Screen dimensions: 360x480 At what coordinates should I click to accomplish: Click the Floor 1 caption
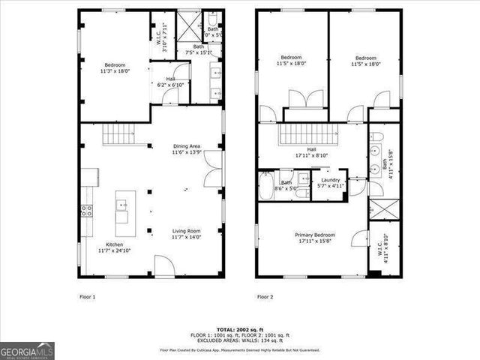pyautogui.click(x=88, y=297)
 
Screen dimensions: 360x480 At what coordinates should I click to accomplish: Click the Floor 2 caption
pyautogui.click(x=264, y=297)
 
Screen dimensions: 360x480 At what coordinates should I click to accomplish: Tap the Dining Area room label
pyautogui.click(x=187, y=149)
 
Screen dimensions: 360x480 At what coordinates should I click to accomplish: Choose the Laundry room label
pyautogui.click(x=331, y=183)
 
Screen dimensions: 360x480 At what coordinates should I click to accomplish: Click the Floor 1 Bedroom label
pyautogui.click(x=115, y=68)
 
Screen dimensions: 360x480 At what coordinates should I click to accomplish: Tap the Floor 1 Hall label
pyautogui.click(x=172, y=82)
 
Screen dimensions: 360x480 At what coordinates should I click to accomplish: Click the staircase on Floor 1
pyautogui.click(x=118, y=135)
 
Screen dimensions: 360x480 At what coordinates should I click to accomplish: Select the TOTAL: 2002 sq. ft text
pyautogui.click(x=239, y=330)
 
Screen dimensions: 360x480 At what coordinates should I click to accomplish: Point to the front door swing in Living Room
pyautogui.click(x=165, y=266)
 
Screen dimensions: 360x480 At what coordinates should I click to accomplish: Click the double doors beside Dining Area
pyautogui.click(x=213, y=169)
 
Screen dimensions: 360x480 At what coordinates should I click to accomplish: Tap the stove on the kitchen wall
pyautogui.click(x=86, y=211)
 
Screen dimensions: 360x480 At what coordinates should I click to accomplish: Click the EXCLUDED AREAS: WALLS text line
pyautogui.click(x=239, y=340)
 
